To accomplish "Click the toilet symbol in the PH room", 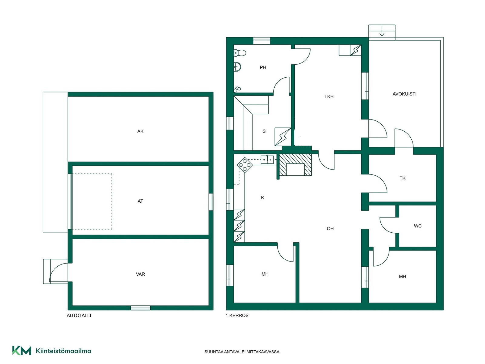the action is (240, 53).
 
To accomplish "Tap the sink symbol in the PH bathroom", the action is (237, 66).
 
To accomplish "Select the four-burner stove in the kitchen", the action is (245, 165).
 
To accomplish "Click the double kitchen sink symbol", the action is (267, 159).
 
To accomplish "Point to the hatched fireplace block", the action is (296, 165).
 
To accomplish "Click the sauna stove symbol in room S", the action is (283, 137).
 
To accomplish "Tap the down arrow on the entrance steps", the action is (382, 31).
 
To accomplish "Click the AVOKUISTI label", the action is (404, 94).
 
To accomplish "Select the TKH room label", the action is (329, 96).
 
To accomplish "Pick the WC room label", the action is (418, 226).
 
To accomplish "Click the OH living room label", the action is (330, 228).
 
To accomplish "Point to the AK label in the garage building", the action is (140, 131).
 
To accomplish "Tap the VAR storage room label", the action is (140, 274).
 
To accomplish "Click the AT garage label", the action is (140, 201).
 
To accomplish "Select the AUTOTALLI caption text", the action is (79, 315).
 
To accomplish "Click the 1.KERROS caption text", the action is (237, 315).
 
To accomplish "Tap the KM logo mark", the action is (22, 351).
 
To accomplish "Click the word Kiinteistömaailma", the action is (63, 351).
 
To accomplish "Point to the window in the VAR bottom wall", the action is (140, 308).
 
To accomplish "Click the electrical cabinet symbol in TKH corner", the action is (356, 50).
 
